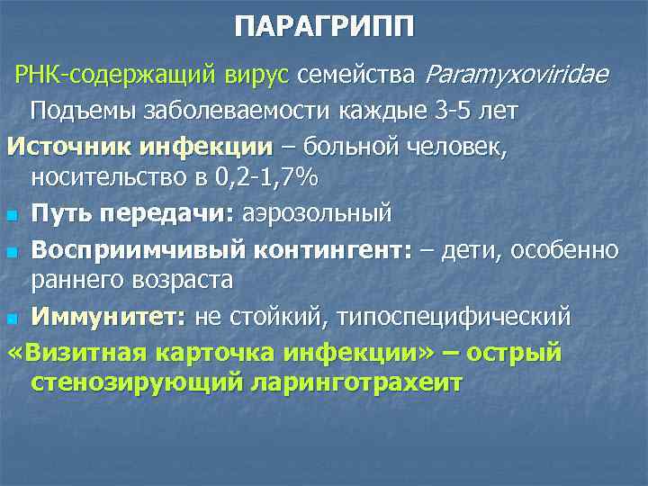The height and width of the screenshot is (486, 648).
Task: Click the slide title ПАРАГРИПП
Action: pyautogui.click(x=325, y=28)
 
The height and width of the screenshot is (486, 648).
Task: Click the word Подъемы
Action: pyautogui.click(x=90, y=112)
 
